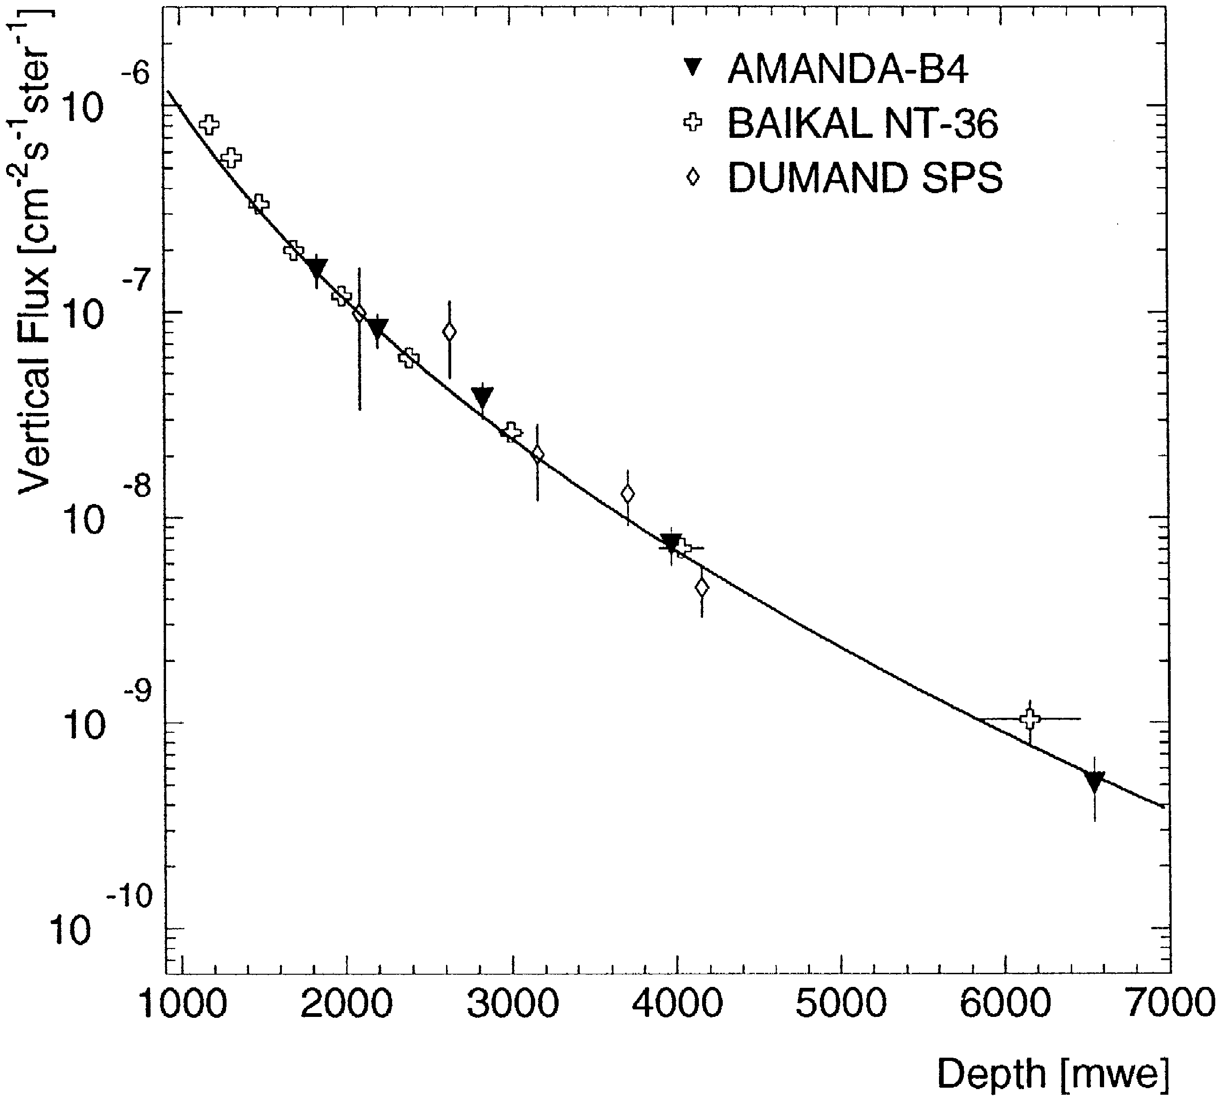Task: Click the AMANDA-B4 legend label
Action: [848, 70]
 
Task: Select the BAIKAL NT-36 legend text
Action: [863, 124]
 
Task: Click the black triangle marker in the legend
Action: [693, 67]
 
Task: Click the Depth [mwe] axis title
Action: [1052, 1075]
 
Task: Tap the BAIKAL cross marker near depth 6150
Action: [1030, 719]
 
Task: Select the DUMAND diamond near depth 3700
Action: [628, 494]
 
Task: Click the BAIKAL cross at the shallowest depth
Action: [209, 125]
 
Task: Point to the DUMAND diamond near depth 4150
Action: [702, 587]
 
